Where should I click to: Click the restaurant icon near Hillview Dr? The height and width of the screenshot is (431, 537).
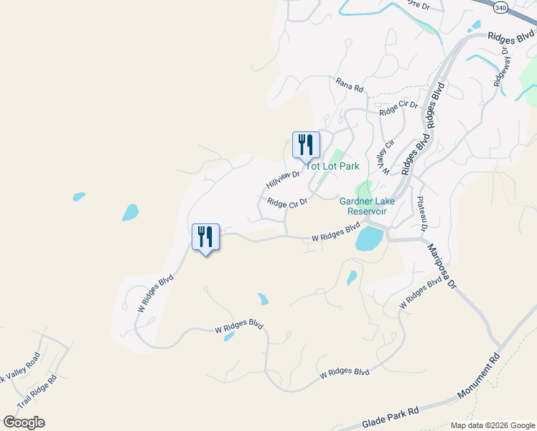pyautogui.click(x=306, y=145)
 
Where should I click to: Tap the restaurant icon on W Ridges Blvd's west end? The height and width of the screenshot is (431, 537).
pyautogui.click(x=205, y=237)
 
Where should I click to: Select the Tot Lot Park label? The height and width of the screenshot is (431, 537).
pyautogui.click(x=334, y=166)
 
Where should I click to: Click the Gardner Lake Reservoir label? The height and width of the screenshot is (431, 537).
pyautogui.click(x=363, y=206)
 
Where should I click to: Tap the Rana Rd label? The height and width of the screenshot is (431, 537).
pyautogui.click(x=350, y=84)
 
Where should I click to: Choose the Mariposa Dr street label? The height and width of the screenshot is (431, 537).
pyautogui.click(x=441, y=267)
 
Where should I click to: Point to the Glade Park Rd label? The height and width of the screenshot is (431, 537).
pyautogui.click(x=391, y=414)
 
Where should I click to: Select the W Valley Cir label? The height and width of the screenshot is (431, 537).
pyautogui.click(x=388, y=157)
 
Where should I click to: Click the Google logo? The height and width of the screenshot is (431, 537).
pyautogui.click(x=24, y=422)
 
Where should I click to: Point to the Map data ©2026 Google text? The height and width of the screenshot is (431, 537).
pyautogui.click(x=492, y=425)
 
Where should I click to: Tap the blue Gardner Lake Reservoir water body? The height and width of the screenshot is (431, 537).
pyautogui.click(x=369, y=238)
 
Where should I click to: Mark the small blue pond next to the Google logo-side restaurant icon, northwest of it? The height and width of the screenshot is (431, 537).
pyautogui.click(x=130, y=212)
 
